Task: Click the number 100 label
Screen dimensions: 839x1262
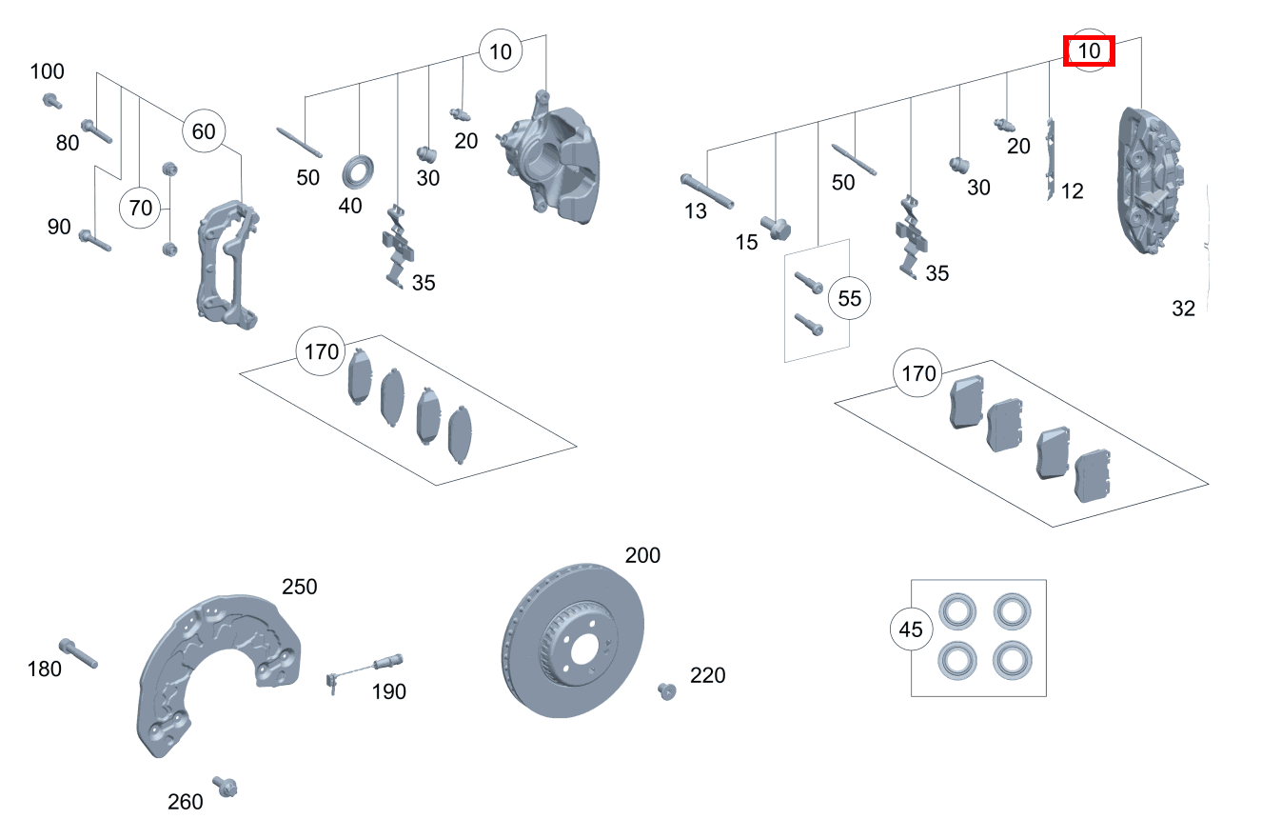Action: (48, 71)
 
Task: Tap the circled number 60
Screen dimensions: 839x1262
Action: (204, 131)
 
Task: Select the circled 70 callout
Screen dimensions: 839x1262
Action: (140, 208)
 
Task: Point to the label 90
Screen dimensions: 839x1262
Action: (59, 227)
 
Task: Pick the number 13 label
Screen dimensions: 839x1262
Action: (696, 211)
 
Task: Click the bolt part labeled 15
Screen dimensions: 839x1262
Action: (777, 229)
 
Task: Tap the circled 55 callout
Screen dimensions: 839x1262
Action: (849, 299)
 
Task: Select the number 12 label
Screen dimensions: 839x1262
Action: (1072, 191)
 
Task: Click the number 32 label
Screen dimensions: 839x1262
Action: (1183, 309)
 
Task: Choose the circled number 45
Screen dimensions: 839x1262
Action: (911, 629)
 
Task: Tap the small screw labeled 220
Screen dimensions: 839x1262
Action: (665, 689)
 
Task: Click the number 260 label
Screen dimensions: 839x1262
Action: (186, 802)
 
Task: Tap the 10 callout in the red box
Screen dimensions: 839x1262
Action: (1089, 50)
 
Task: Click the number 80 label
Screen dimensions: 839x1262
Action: (68, 143)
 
